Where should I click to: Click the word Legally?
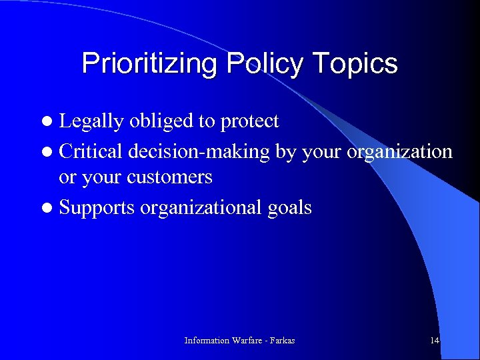(92, 121)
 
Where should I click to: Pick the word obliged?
(163, 121)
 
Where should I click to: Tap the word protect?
(249, 122)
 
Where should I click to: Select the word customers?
(170, 177)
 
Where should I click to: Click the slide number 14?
(435, 341)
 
